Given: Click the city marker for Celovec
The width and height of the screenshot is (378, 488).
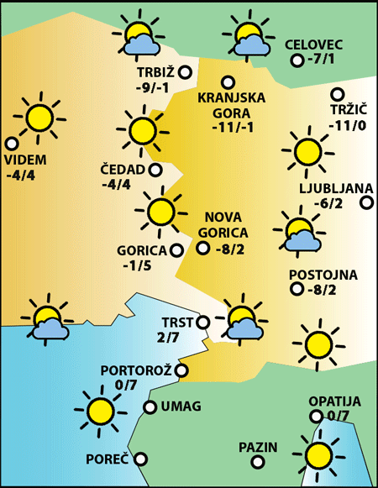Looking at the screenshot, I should pos(297,60).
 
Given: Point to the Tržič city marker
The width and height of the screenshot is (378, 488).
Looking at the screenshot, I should pos(337,94).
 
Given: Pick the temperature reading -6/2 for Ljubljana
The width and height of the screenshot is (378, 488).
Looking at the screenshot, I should pos(328,203).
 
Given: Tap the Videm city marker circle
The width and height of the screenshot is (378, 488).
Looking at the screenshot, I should pos(11,144).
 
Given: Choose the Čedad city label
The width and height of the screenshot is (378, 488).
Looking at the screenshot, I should pos(123,170).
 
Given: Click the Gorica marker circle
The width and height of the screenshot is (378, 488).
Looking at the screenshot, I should pos(176,249).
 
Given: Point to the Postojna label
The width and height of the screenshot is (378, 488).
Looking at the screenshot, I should pos(323,275).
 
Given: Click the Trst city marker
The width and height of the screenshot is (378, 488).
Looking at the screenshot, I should pos(202,322).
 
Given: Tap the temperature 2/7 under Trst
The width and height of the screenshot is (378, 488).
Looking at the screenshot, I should pos(168,338).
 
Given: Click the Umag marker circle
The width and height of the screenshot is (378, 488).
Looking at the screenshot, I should pos(150,407).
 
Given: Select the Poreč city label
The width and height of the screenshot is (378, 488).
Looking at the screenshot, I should pos(108,459).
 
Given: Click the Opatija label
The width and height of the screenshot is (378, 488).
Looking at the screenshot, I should pos(334,401).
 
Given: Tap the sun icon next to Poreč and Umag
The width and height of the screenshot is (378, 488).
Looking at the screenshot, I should pos(101,410).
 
